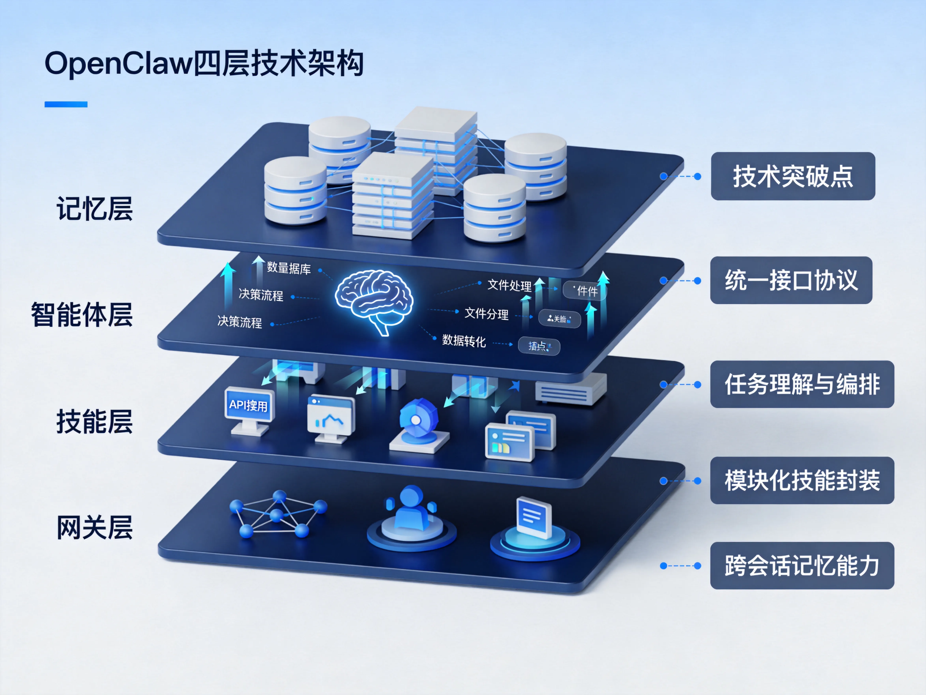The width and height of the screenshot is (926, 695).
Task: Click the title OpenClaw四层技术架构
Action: [x=204, y=64]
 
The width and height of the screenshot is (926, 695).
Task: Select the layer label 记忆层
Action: [x=95, y=209]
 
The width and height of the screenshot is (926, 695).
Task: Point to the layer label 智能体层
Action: [x=82, y=314]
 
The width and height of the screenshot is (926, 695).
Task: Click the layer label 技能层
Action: [x=95, y=421]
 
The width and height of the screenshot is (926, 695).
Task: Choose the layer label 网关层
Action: [x=95, y=527]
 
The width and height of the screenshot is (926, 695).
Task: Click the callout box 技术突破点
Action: [x=793, y=176]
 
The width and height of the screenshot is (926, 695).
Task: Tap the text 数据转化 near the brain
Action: [x=464, y=341]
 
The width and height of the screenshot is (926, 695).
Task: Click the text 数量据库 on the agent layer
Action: [x=289, y=268]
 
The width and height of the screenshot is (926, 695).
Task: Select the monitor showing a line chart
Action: [x=331, y=416]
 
